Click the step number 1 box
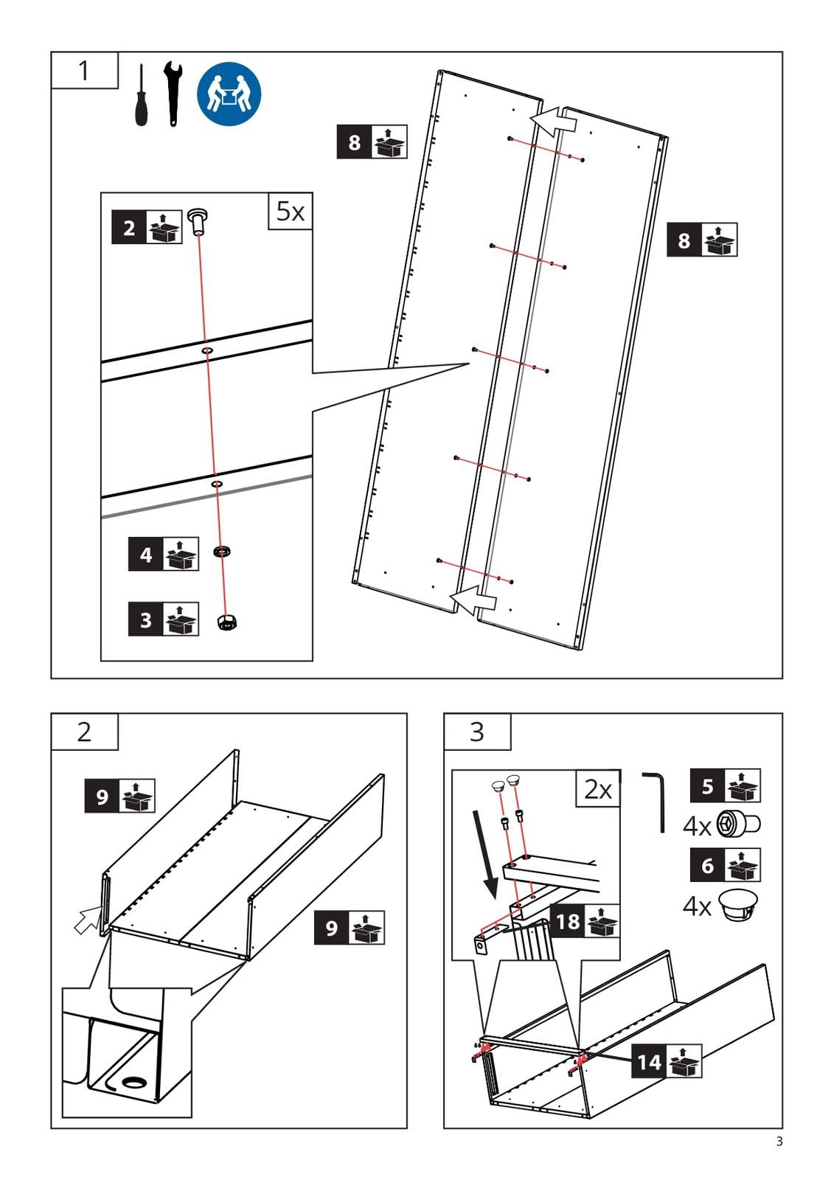(x=85, y=70)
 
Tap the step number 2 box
(x=85, y=732)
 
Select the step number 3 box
(x=477, y=732)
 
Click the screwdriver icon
(x=141, y=95)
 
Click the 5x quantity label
(x=291, y=211)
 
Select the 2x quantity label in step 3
(x=598, y=788)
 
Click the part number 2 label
(x=147, y=228)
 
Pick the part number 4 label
(x=163, y=554)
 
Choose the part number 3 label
(x=163, y=619)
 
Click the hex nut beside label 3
(x=227, y=622)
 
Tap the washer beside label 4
(x=223, y=552)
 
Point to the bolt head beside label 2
(x=197, y=221)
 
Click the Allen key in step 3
(x=656, y=802)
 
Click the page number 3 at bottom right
(x=779, y=1142)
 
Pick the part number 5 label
(x=726, y=786)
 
